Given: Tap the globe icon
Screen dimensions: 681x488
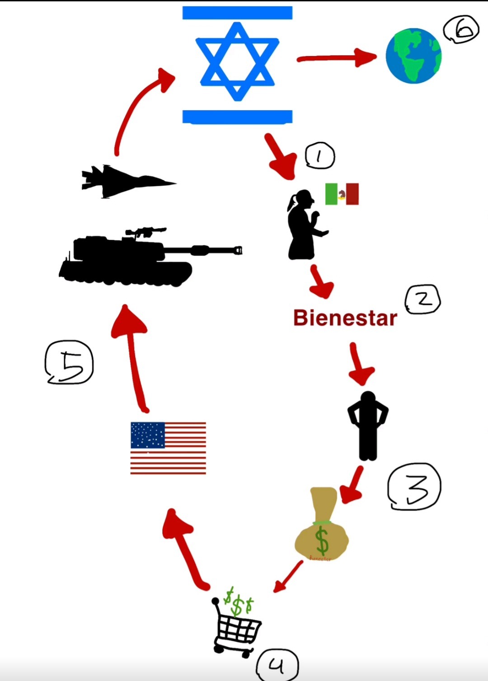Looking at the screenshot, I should (x=413, y=56).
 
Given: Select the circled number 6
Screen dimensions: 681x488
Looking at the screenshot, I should (x=461, y=29).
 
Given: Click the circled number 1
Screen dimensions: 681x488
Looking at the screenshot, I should (x=320, y=156).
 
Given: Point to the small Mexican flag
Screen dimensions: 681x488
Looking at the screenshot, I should (x=342, y=194).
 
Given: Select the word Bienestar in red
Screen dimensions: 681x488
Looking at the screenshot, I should (x=345, y=318).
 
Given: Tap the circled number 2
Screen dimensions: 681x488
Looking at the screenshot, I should (x=423, y=299).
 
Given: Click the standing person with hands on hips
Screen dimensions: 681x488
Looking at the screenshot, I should (x=368, y=425).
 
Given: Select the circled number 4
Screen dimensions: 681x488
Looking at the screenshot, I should (x=277, y=665).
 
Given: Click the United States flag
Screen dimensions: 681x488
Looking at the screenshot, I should (x=168, y=448).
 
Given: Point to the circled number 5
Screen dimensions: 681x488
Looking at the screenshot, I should (x=69, y=362).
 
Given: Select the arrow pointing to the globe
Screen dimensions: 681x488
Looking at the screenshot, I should (x=337, y=58).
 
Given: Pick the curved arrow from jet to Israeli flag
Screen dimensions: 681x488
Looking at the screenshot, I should (x=136, y=108).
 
